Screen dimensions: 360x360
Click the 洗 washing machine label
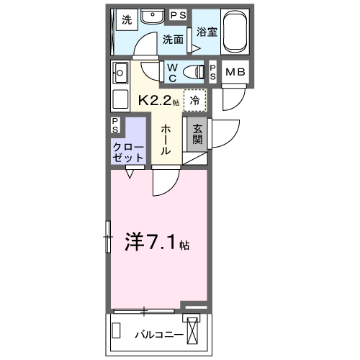tap(127, 19)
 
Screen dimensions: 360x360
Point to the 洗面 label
tap(173, 40)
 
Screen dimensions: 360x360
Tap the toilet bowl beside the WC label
tap(193, 71)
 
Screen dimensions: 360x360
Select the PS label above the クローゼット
tap(117, 125)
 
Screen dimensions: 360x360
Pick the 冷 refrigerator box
tap(194, 100)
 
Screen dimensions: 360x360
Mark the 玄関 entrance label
tap(196, 135)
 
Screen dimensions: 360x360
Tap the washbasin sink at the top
tap(153, 18)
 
